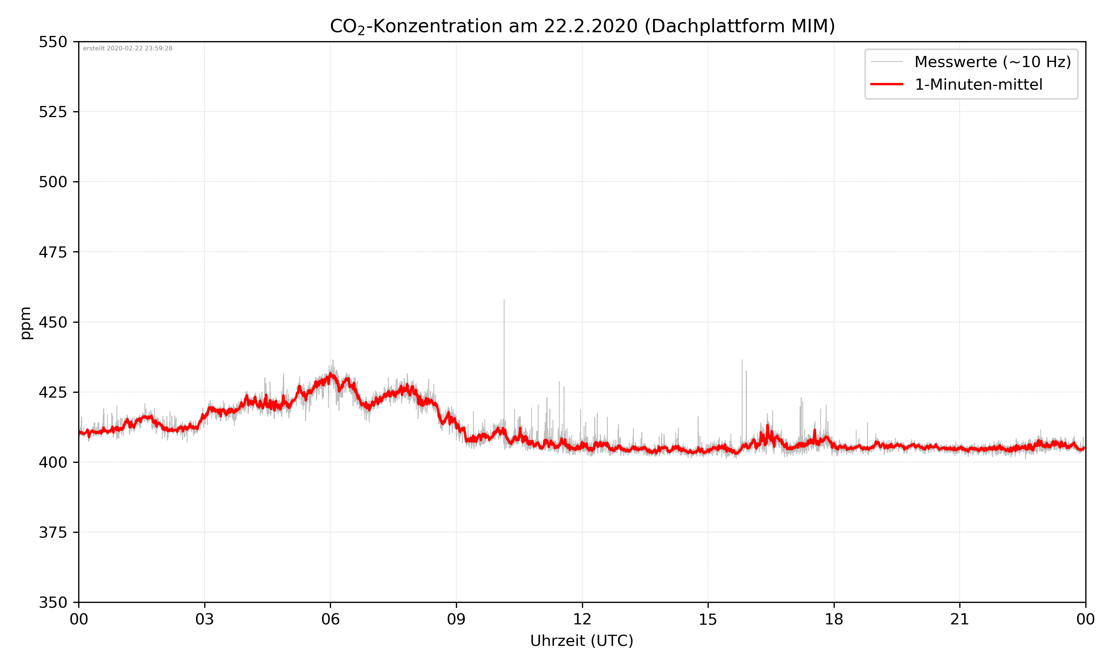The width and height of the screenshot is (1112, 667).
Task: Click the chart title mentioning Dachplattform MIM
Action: tap(582, 26)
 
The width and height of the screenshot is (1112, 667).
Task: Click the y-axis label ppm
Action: tap(26, 323)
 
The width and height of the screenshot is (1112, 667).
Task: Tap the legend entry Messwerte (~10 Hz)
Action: tap(992, 62)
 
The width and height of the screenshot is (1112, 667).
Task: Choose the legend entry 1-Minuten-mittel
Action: tap(978, 84)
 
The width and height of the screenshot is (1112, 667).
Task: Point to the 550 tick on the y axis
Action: tap(53, 42)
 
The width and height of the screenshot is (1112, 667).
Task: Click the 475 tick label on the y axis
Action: tap(53, 252)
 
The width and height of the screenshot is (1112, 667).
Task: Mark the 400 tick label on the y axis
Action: tap(53, 462)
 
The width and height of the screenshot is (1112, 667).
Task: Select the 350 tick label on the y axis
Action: tap(53, 603)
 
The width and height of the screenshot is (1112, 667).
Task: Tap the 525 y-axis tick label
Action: tap(53, 112)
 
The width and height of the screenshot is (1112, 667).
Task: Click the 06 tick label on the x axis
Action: tap(330, 619)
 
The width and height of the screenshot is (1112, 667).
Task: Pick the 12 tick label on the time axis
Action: tap(582, 619)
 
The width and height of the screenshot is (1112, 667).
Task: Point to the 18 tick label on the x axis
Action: tap(834, 619)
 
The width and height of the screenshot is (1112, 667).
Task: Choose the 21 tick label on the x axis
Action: tap(960, 619)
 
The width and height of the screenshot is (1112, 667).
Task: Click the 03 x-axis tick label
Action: tap(205, 619)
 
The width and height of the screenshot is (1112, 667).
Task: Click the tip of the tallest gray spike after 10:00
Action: tap(504, 300)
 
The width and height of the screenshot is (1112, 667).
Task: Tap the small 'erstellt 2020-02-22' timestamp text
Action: tap(128, 49)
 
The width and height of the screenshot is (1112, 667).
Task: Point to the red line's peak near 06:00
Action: tap(330, 374)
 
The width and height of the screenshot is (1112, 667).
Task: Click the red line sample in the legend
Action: tap(886, 84)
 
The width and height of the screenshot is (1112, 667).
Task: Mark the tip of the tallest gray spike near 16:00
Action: tap(742, 359)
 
